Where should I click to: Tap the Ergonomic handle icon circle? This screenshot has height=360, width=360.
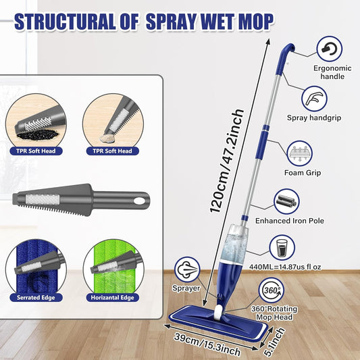click(x=329, y=49)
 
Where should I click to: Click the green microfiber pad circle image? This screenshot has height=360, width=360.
click(x=113, y=267)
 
